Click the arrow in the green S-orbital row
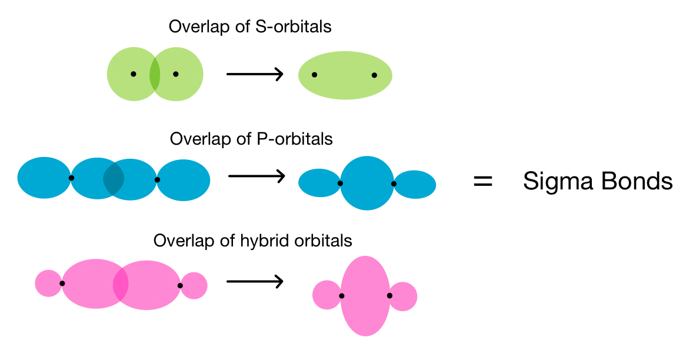tap(255, 74)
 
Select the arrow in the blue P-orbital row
tap(256, 176)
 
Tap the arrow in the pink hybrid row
tap(255, 281)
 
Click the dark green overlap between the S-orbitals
tap(155, 74)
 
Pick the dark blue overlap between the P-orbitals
tap(114, 179)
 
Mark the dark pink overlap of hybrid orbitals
tap(121, 284)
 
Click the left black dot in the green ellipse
tap(314, 75)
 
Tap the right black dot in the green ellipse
tap(374, 75)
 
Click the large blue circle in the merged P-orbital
tap(367, 183)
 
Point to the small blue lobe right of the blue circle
tap(416, 184)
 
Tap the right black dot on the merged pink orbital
tap(389, 296)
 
